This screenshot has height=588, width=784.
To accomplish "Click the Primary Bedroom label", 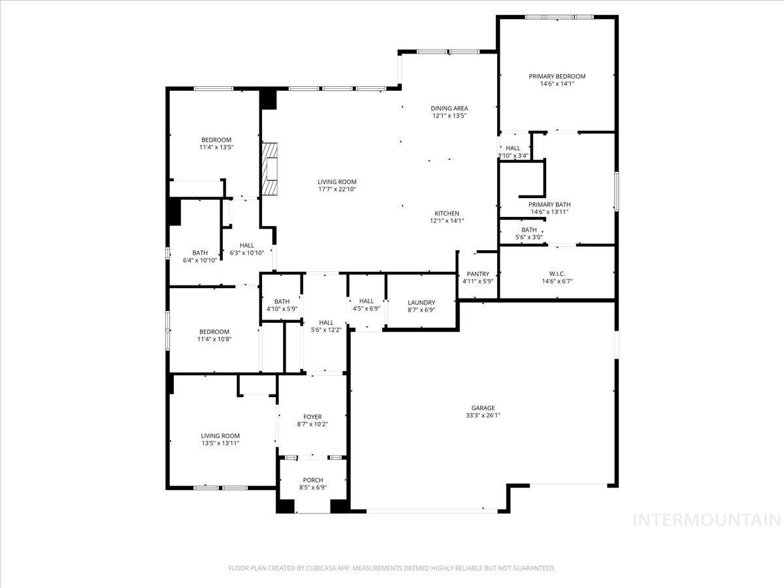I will click(557, 76).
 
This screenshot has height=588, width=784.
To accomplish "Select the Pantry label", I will click(478, 274).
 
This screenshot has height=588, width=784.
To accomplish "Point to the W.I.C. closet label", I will click(557, 273).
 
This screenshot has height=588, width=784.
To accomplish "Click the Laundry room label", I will click(421, 302).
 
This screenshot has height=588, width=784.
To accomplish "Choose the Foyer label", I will click(312, 417).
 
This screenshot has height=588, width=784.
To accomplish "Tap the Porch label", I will click(312, 480).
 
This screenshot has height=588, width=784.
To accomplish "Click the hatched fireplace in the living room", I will click(270, 169).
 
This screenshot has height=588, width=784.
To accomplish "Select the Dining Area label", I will click(449, 108).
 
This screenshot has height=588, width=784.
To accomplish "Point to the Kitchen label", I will click(448, 214).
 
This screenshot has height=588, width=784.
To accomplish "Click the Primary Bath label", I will click(549, 204).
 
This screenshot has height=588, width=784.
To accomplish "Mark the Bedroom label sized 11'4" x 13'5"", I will click(216, 140).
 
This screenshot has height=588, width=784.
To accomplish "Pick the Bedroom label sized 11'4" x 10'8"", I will click(214, 332).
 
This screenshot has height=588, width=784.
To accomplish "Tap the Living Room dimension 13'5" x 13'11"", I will click(220, 444).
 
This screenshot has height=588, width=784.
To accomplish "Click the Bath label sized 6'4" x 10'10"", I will click(200, 253).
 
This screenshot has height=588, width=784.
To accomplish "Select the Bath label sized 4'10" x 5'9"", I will click(282, 301).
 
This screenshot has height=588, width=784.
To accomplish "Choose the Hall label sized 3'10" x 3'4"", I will click(513, 148).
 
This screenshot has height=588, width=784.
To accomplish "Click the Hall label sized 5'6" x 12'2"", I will click(326, 322).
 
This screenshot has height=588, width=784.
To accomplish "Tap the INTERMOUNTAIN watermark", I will click(708, 520).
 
